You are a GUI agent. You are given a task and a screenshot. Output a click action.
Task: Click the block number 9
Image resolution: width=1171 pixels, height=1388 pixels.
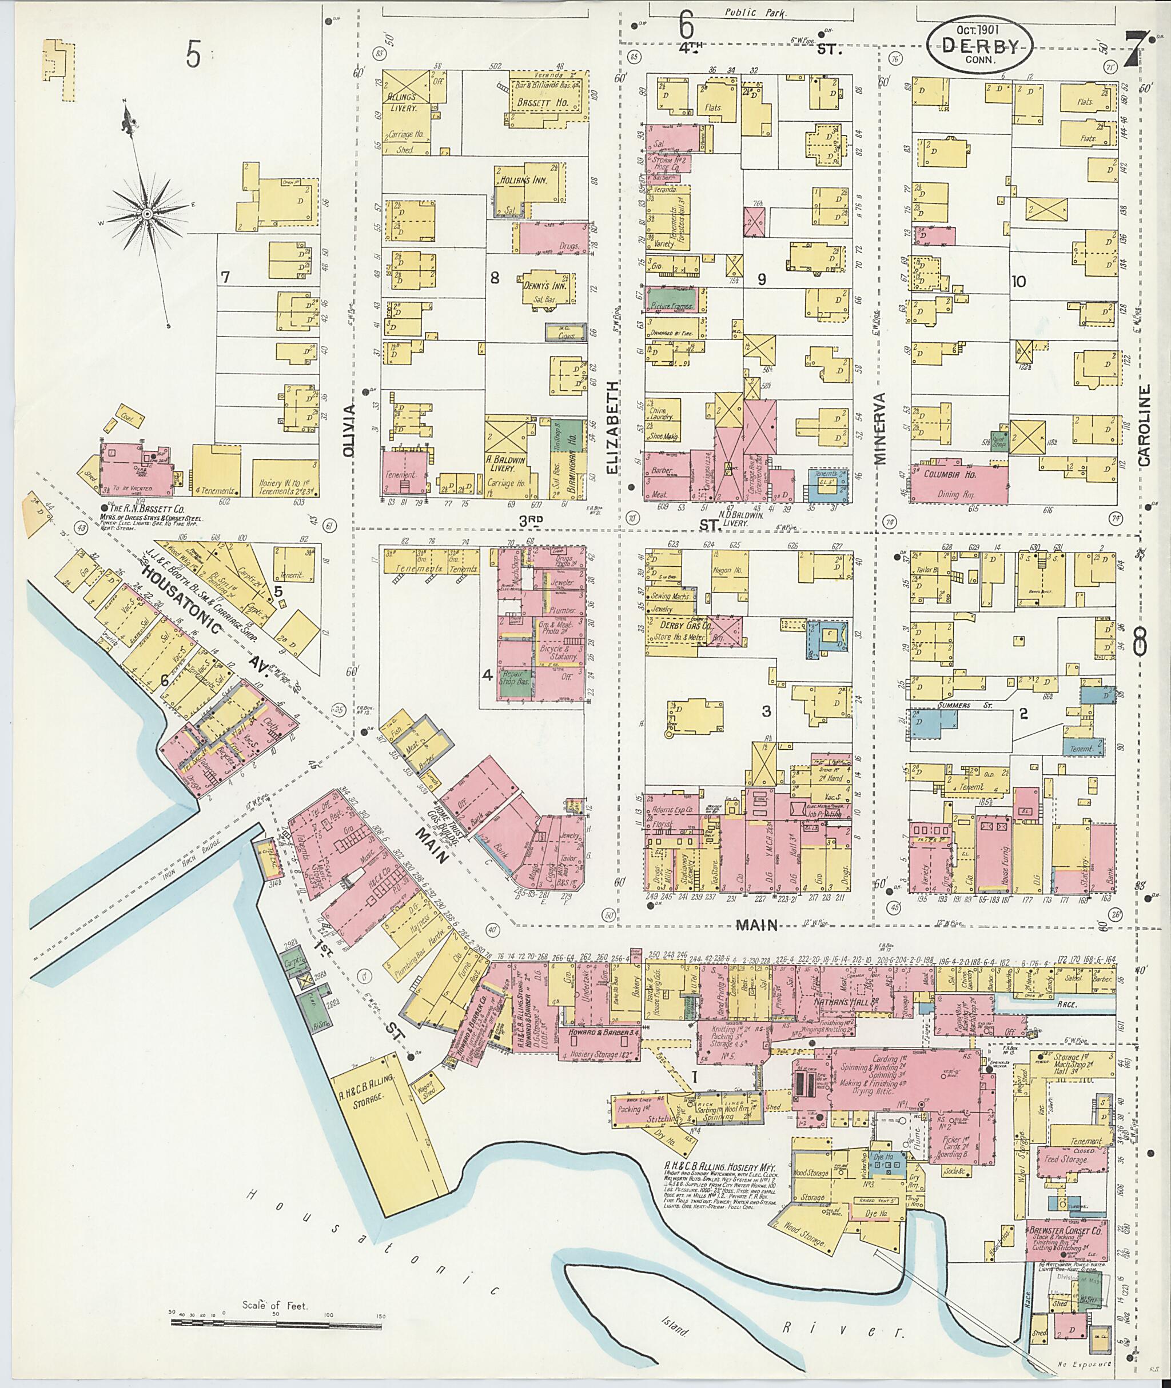(x=762, y=280)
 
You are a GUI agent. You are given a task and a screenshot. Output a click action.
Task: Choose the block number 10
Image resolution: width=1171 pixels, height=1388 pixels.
(x=1018, y=281)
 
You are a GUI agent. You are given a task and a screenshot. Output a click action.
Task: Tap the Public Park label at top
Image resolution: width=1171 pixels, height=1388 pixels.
(x=755, y=13)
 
